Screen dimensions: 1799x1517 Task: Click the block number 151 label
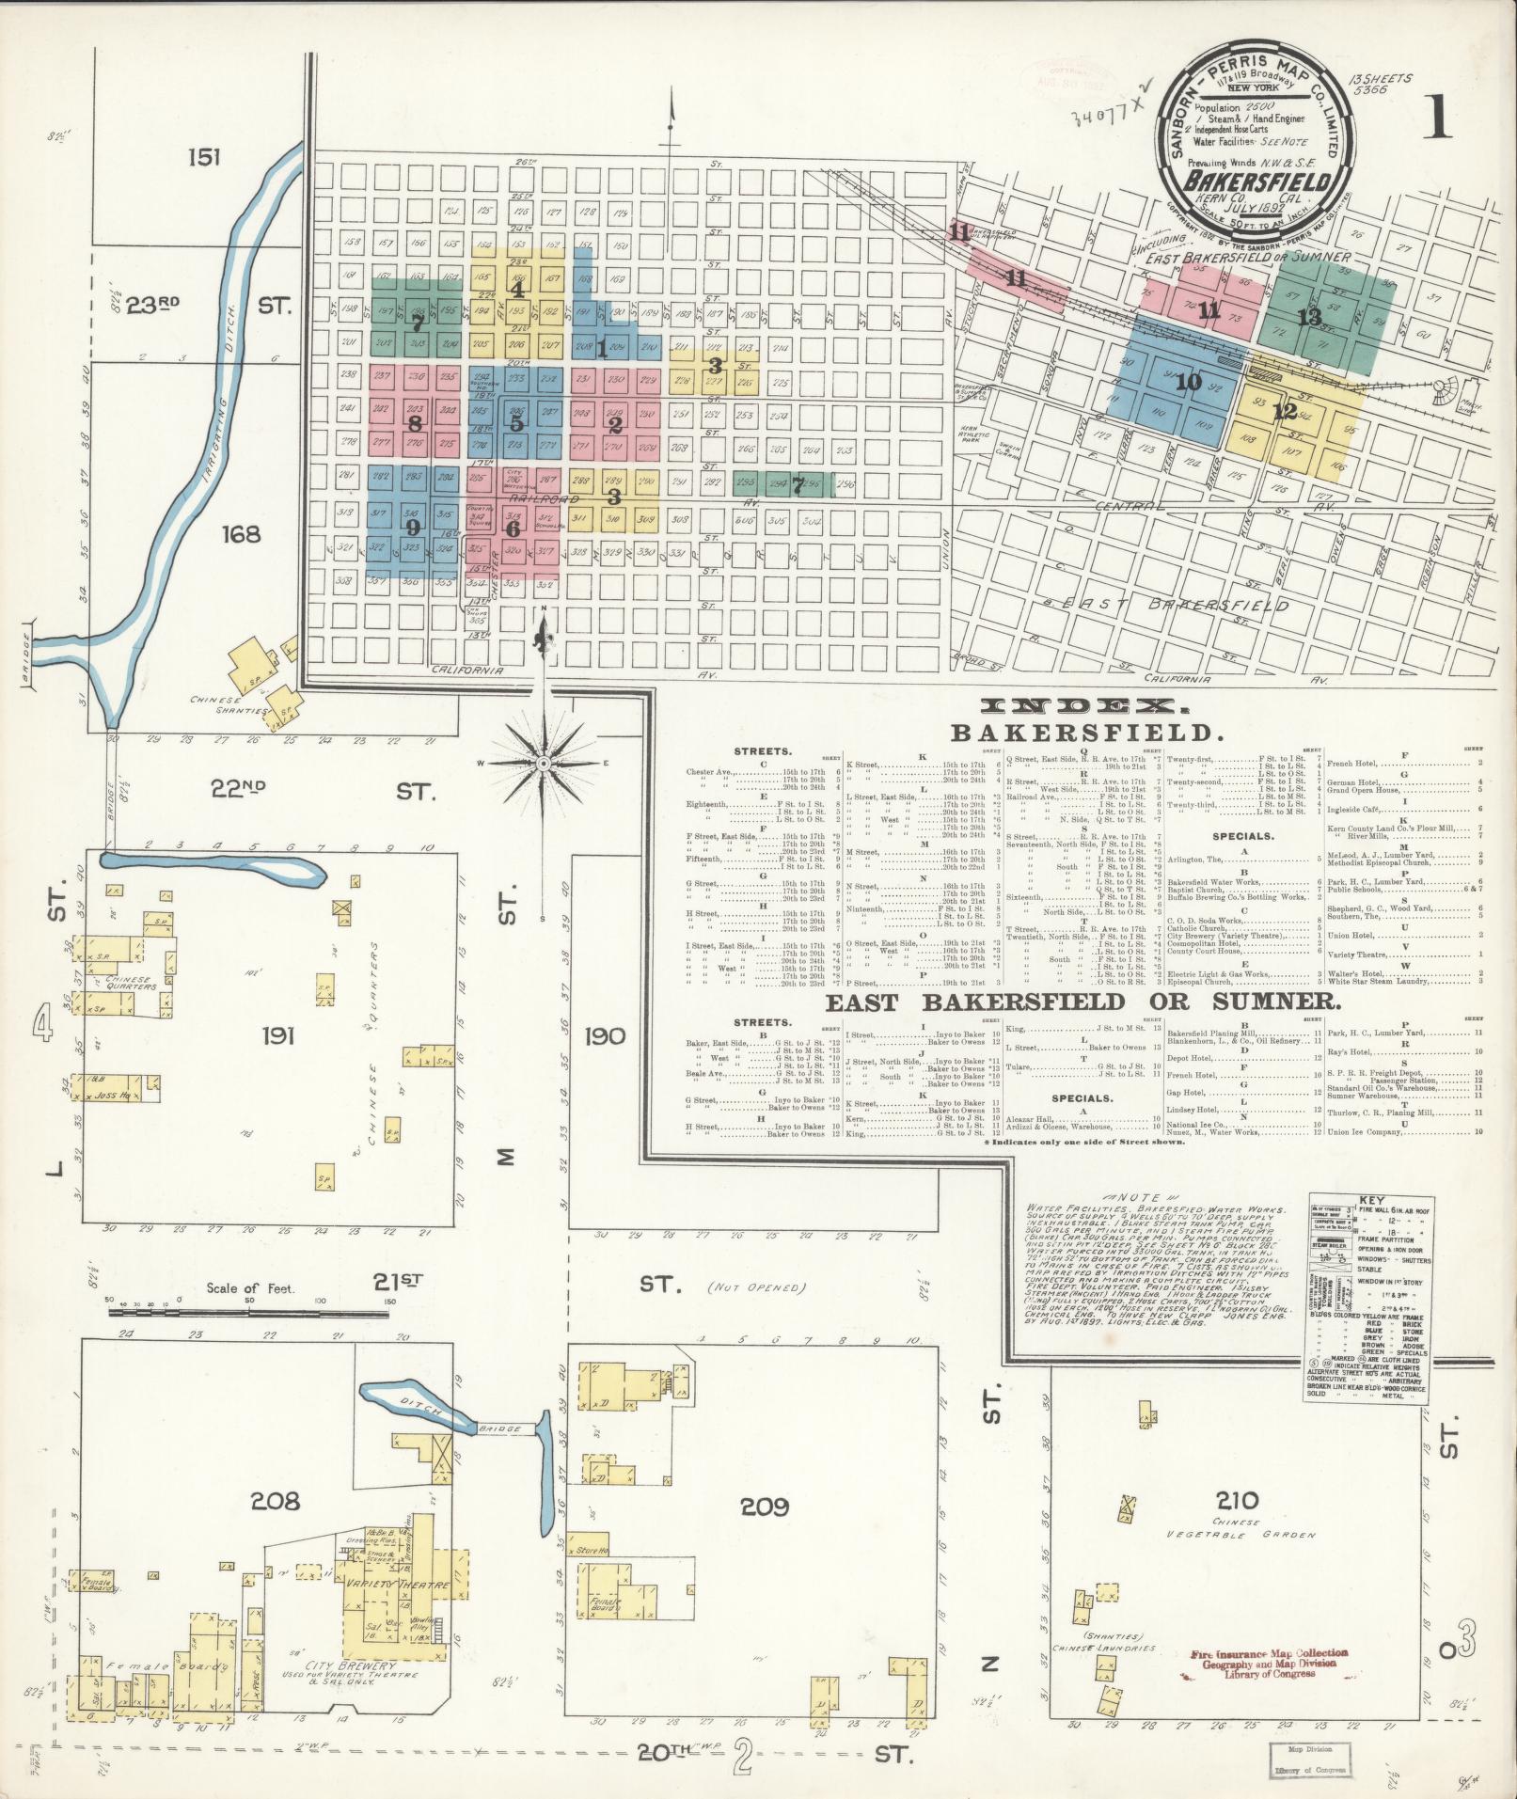[x=203, y=157]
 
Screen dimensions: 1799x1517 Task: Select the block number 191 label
[x=279, y=1035]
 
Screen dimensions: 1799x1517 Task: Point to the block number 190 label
[x=604, y=1035]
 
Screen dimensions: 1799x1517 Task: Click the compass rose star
[x=544, y=763]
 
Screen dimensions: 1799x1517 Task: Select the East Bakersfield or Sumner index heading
[x=1082, y=1002]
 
